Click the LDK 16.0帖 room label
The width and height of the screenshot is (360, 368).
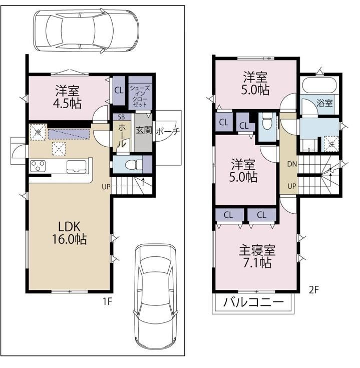69,233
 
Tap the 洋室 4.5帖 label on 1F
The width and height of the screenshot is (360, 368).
68,97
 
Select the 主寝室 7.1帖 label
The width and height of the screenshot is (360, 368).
257,256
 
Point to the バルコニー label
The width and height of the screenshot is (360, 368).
253,302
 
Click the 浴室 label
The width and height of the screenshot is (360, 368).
324,103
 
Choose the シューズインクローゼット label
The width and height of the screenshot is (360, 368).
140,97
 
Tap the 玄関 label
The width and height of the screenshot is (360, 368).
144,130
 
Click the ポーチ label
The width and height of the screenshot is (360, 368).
168,131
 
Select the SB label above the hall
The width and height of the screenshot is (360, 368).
121,117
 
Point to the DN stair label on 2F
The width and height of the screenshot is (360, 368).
292,164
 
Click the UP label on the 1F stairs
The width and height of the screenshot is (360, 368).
106,187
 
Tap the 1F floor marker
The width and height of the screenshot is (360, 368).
107,301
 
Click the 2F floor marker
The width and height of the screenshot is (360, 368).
313,290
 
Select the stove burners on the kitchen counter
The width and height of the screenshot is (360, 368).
38,166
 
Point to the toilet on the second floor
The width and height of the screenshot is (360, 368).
266,121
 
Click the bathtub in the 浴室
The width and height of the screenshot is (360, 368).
319,85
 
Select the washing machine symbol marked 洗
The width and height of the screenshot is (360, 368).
331,144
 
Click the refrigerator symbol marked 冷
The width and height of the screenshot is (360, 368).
38,132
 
